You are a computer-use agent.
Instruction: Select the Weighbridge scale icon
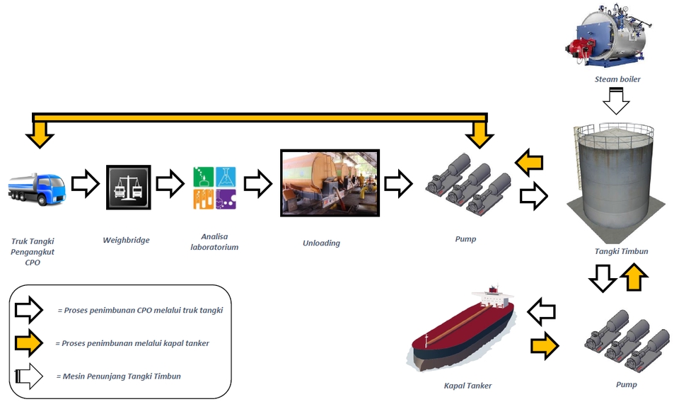click(x=127, y=187)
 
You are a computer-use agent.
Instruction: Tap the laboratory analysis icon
click(x=214, y=188)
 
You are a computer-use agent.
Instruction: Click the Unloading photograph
click(x=330, y=183)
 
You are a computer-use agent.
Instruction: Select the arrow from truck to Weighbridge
click(x=86, y=184)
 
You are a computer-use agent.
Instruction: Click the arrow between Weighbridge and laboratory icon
click(x=170, y=184)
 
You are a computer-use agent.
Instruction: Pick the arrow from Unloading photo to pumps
click(x=398, y=183)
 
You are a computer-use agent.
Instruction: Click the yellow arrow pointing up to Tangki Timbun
click(x=634, y=277)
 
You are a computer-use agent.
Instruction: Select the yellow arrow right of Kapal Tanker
click(x=545, y=345)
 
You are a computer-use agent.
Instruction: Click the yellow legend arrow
click(x=29, y=343)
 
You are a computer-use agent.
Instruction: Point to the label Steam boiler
click(x=617, y=79)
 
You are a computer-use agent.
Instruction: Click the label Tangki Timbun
click(x=621, y=251)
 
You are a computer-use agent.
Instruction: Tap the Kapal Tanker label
click(x=468, y=386)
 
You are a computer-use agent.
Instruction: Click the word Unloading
click(x=321, y=243)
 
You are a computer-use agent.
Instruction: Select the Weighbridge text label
click(x=126, y=240)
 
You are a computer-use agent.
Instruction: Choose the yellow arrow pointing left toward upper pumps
click(x=529, y=163)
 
